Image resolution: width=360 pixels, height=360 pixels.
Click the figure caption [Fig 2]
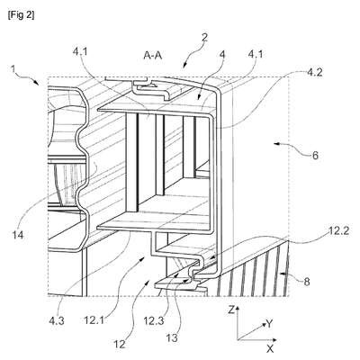tap(21, 15)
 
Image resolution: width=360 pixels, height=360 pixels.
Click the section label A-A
tap(153, 56)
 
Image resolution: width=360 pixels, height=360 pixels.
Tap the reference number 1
tap(13, 69)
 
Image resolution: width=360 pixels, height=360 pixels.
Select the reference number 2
tap(204, 38)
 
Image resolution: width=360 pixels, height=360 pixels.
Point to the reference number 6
tap(315, 156)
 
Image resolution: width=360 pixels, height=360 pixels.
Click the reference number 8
tap(307, 282)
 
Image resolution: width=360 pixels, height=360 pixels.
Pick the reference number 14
tap(17, 235)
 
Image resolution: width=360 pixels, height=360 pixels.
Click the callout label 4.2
tap(315, 73)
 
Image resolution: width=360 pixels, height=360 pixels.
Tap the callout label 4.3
tap(57, 320)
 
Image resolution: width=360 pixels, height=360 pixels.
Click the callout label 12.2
tap(339, 231)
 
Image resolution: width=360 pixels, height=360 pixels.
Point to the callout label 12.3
tap(154, 320)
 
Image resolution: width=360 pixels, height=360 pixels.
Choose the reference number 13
tap(172, 338)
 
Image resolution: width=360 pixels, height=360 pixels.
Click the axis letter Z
tap(231, 310)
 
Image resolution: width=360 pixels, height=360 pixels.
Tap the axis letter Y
tap(270, 324)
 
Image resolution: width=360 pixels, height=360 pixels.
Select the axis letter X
tap(270, 348)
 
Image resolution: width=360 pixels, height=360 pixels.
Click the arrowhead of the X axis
tap(274, 340)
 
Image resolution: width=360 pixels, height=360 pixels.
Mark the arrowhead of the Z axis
tap(238, 309)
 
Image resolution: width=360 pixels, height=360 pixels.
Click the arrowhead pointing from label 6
tap(276, 145)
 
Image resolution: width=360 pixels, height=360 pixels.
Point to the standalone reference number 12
tap(120, 344)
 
